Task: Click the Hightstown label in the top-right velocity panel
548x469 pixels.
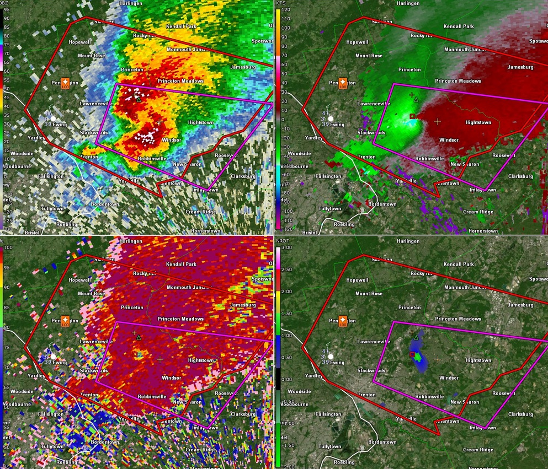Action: (478, 122)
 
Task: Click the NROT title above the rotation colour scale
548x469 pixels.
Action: (283, 241)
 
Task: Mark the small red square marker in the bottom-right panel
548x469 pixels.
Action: (412, 354)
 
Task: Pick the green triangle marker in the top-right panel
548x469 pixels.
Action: (416, 100)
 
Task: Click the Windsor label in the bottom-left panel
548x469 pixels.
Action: (171, 378)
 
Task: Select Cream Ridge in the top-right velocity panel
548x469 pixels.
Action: (478, 212)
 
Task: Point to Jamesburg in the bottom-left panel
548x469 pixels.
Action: (243, 305)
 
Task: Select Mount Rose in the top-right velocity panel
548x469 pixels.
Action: (369, 56)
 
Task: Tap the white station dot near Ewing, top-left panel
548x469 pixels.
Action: (54, 118)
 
